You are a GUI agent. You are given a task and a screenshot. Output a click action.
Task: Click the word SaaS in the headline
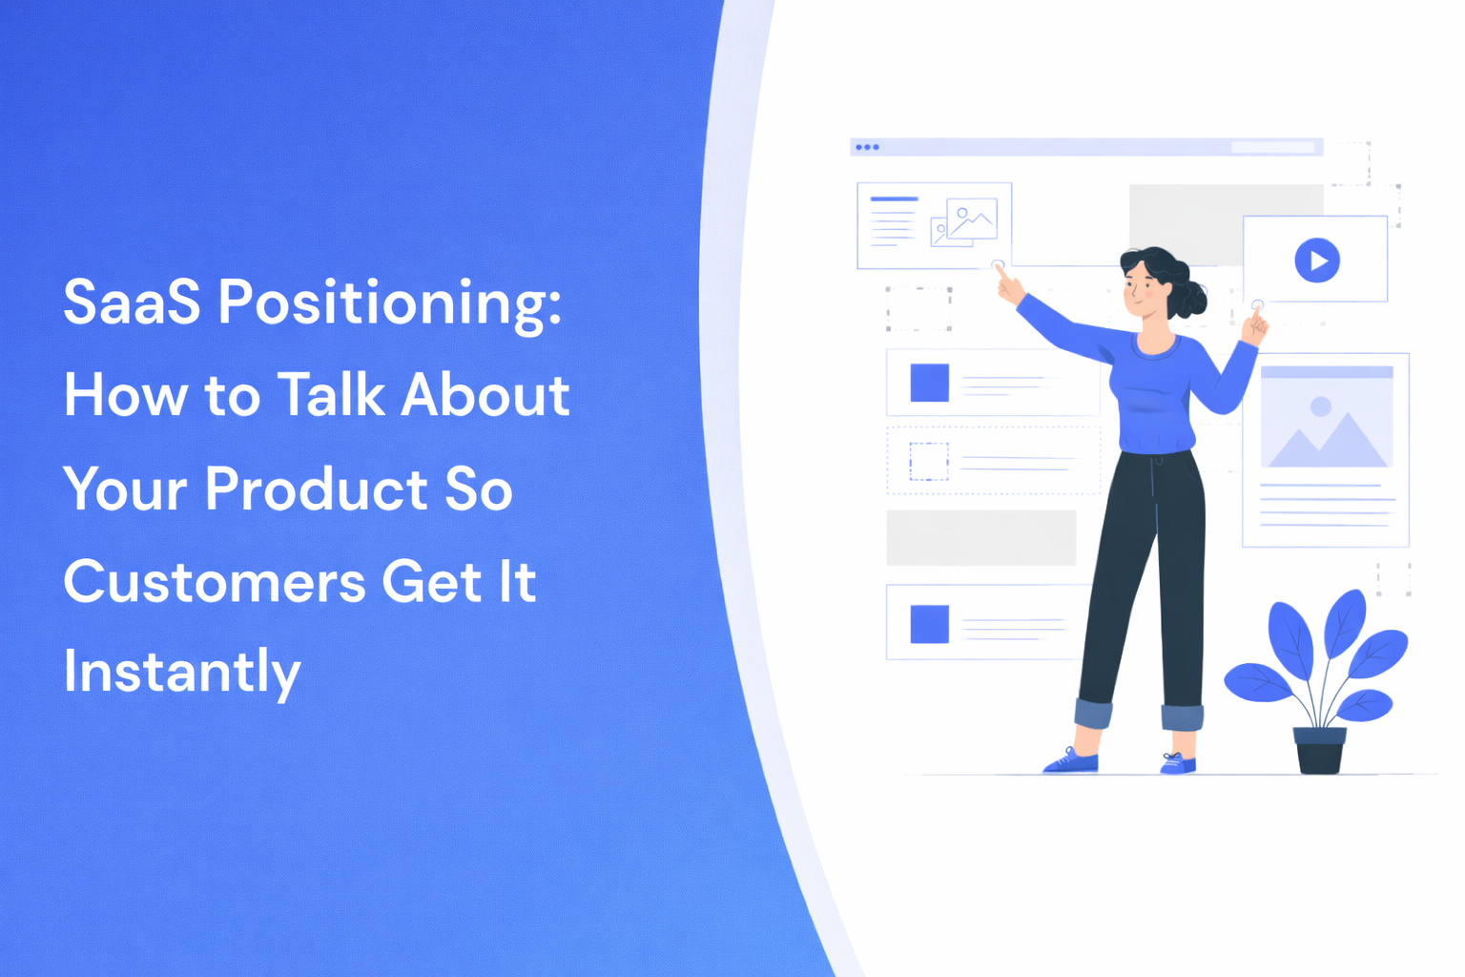pyautogui.click(x=132, y=302)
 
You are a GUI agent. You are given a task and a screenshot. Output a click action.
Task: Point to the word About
pyautogui.click(x=485, y=395)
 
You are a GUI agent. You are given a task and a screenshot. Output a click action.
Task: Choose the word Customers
pyautogui.click(x=215, y=582)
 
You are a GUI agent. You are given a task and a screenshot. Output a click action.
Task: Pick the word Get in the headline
pyautogui.click(x=431, y=582)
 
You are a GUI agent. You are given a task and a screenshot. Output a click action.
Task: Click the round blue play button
pyautogui.click(x=1317, y=260)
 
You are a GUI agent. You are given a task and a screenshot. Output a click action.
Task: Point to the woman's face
pyautogui.click(x=1142, y=287)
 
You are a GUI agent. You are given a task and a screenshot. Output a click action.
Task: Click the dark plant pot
pyautogui.click(x=1320, y=750)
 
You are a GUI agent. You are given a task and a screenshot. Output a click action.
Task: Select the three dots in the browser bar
pyautogui.click(x=867, y=147)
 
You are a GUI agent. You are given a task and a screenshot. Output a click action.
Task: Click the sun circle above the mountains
pyautogui.click(x=1321, y=406)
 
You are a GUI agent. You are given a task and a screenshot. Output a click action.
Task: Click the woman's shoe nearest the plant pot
pyautogui.click(x=1178, y=763)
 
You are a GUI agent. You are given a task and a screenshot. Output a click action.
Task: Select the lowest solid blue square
pyautogui.click(x=929, y=624)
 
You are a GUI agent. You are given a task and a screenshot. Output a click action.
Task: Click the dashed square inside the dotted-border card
pyautogui.click(x=928, y=461)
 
